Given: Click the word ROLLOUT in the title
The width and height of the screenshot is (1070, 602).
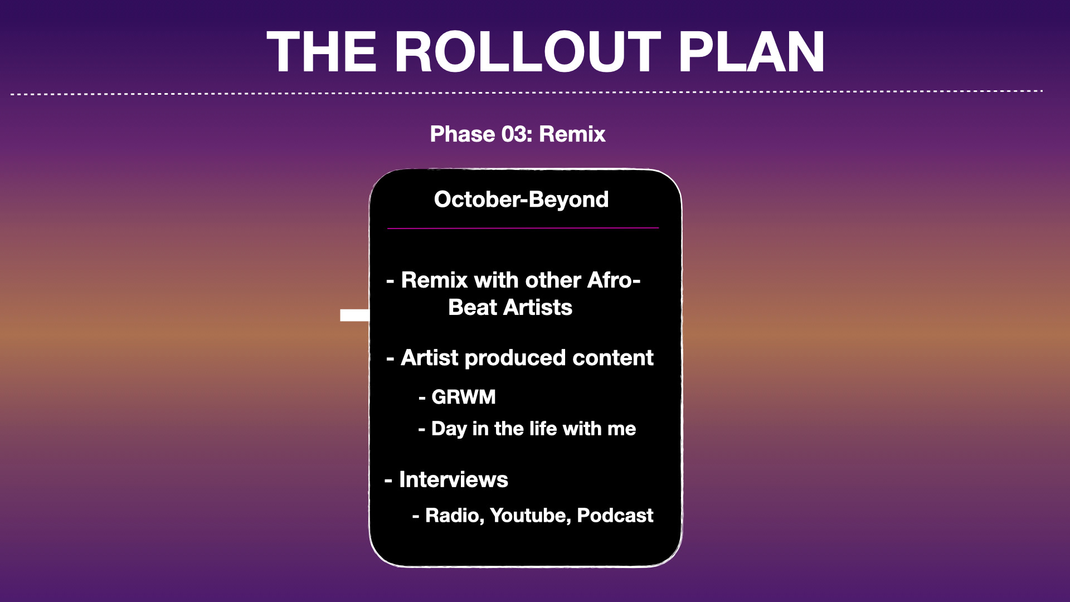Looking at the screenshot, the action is [x=528, y=52].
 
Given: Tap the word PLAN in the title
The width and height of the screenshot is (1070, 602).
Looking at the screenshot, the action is [x=751, y=52].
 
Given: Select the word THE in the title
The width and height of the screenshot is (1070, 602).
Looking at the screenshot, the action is [x=322, y=52].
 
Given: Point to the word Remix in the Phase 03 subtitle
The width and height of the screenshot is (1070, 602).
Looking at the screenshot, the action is [x=572, y=134].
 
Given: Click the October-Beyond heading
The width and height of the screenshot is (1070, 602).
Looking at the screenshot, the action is [x=521, y=200].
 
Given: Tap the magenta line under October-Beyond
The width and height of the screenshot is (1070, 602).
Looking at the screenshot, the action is [x=523, y=228].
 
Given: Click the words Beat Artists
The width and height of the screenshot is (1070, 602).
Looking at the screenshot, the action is [x=510, y=307].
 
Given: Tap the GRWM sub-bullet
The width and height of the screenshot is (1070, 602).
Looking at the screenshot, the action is [x=463, y=397].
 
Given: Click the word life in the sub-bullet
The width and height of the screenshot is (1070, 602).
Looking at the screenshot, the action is [x=543, y=429].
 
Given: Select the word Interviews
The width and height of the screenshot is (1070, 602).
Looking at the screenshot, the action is [x=454, y=479].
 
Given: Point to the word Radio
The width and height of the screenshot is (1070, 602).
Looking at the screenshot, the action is [x=455, y=516].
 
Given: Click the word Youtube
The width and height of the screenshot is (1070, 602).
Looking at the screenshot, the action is [x=531, y=516].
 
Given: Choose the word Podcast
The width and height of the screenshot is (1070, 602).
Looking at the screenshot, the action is [x=615, y=516].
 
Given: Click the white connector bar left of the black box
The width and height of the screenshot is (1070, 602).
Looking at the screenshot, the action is [x=354, y=315].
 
